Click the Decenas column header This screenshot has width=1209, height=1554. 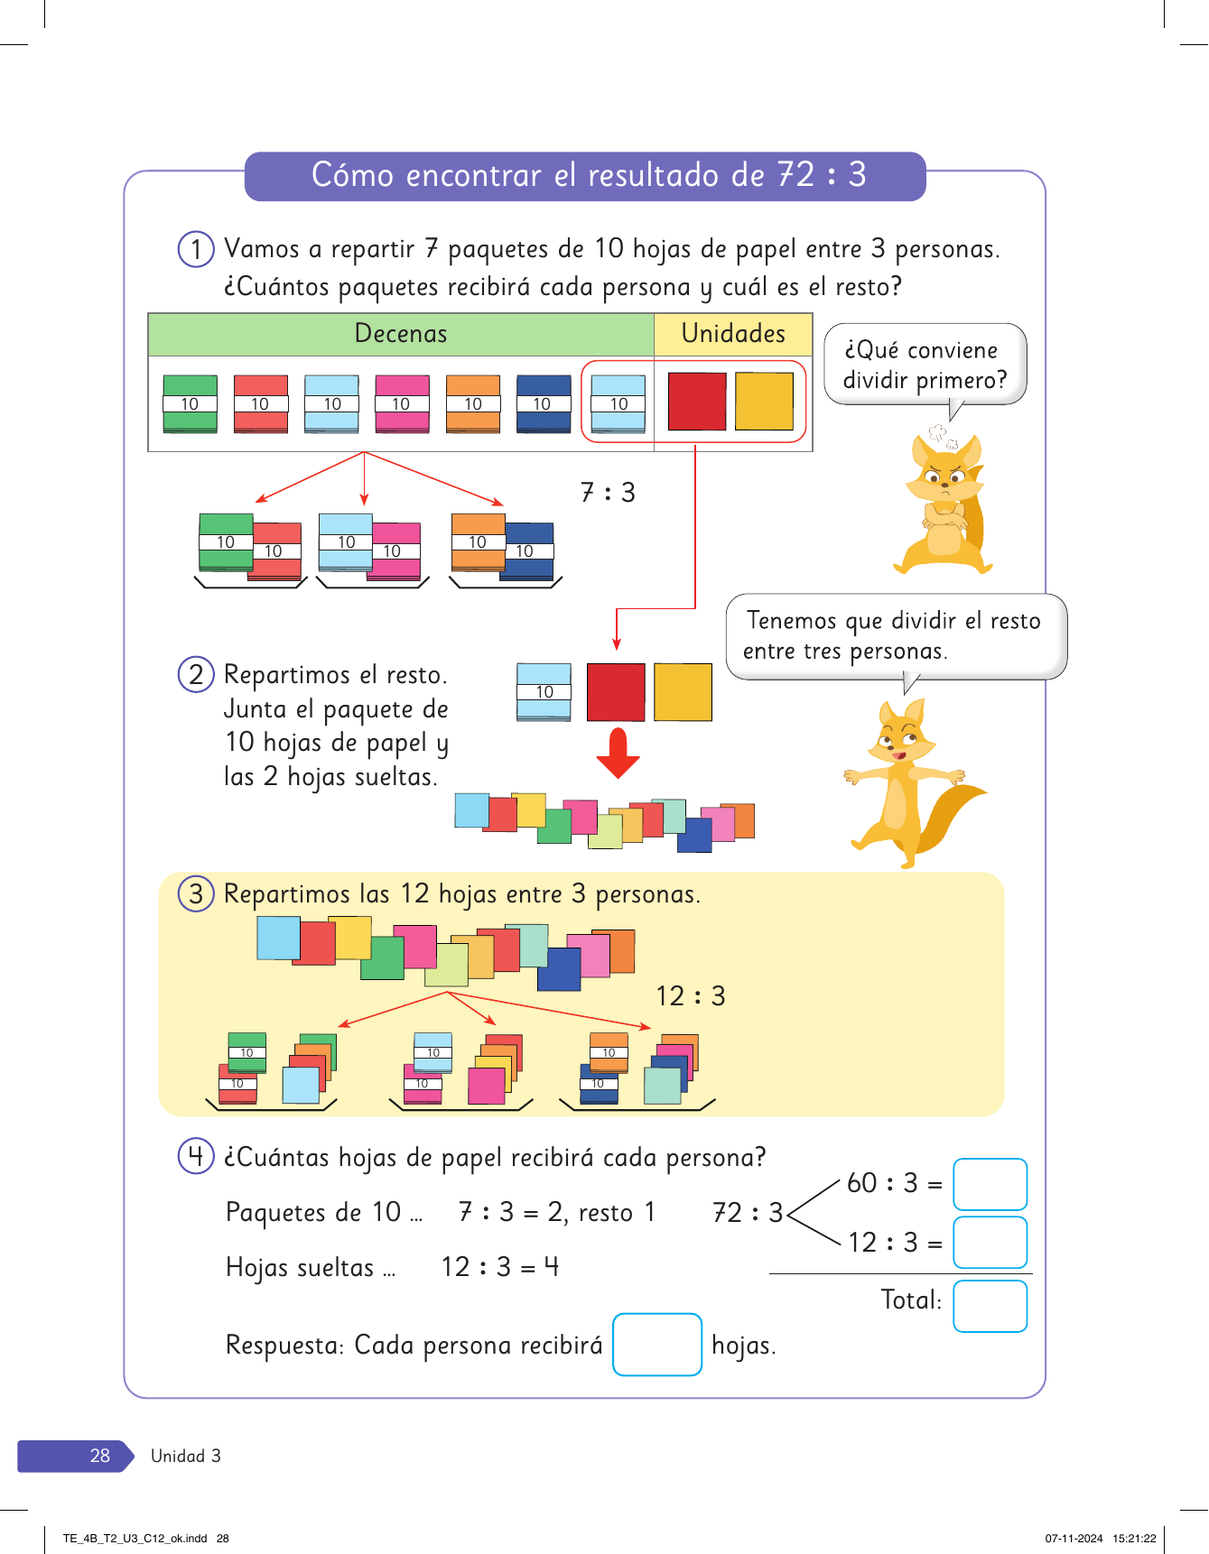point(401,334)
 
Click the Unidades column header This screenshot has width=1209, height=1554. point(733,334)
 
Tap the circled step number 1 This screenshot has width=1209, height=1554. point(196,249)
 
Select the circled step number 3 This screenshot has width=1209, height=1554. point(196,894)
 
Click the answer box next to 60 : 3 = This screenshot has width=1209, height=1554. point(990,1184)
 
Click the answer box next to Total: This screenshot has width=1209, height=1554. point(990,1306)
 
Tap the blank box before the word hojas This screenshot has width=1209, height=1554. point(656,1345)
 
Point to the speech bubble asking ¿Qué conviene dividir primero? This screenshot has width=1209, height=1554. point(925,365)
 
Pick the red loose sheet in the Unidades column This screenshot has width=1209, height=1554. point(696,402)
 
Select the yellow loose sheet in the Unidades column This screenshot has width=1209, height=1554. point(764,402)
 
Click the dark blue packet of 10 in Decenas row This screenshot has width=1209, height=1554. point(543,403)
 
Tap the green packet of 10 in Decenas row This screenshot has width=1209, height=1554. point(190,403)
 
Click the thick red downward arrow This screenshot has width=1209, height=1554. point(618,753)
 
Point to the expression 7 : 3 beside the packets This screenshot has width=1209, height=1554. point(608,493)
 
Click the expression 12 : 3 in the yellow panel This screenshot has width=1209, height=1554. point(691,996)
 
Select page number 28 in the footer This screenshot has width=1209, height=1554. point(99,1456)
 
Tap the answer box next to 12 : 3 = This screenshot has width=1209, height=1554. point(990,1243)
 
